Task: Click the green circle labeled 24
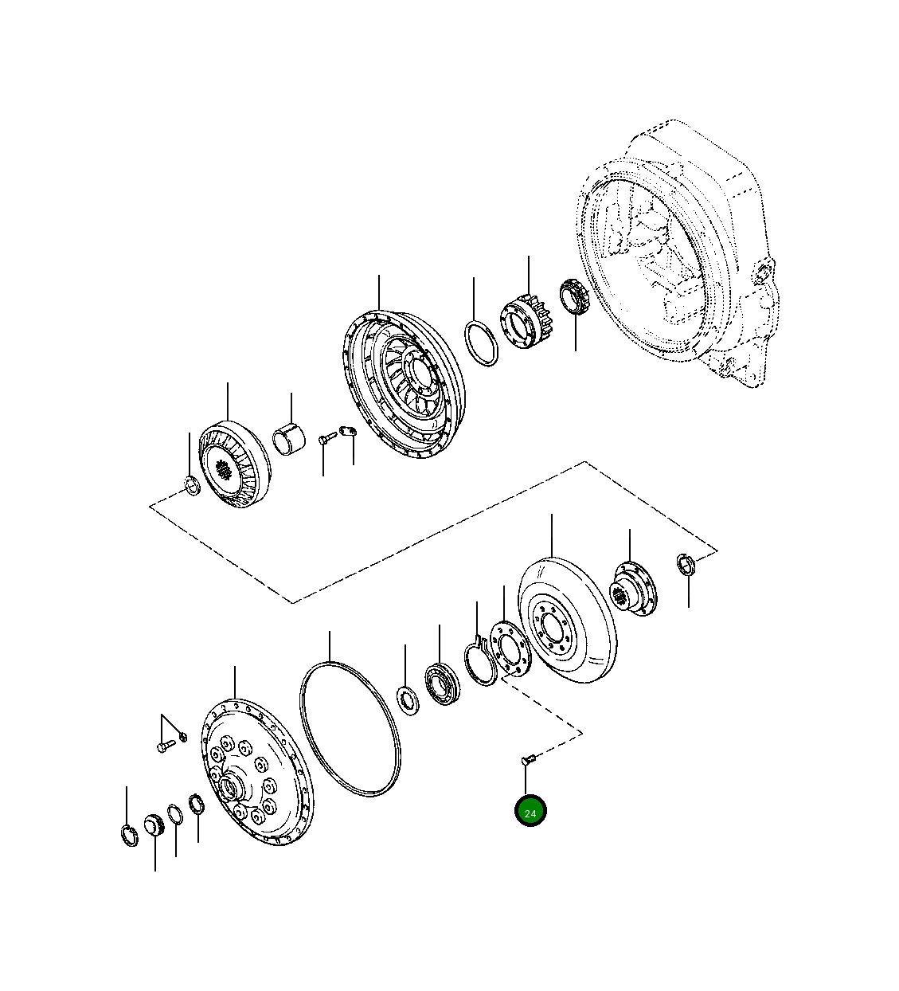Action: coord(530,813)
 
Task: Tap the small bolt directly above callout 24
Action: coord(528,761)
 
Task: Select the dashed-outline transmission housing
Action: coord(678,254)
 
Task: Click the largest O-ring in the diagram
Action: coord(350,731)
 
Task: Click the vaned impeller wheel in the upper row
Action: coord(403,384)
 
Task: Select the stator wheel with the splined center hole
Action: coord(235,465)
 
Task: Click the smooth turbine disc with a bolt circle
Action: coord(567,620)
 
